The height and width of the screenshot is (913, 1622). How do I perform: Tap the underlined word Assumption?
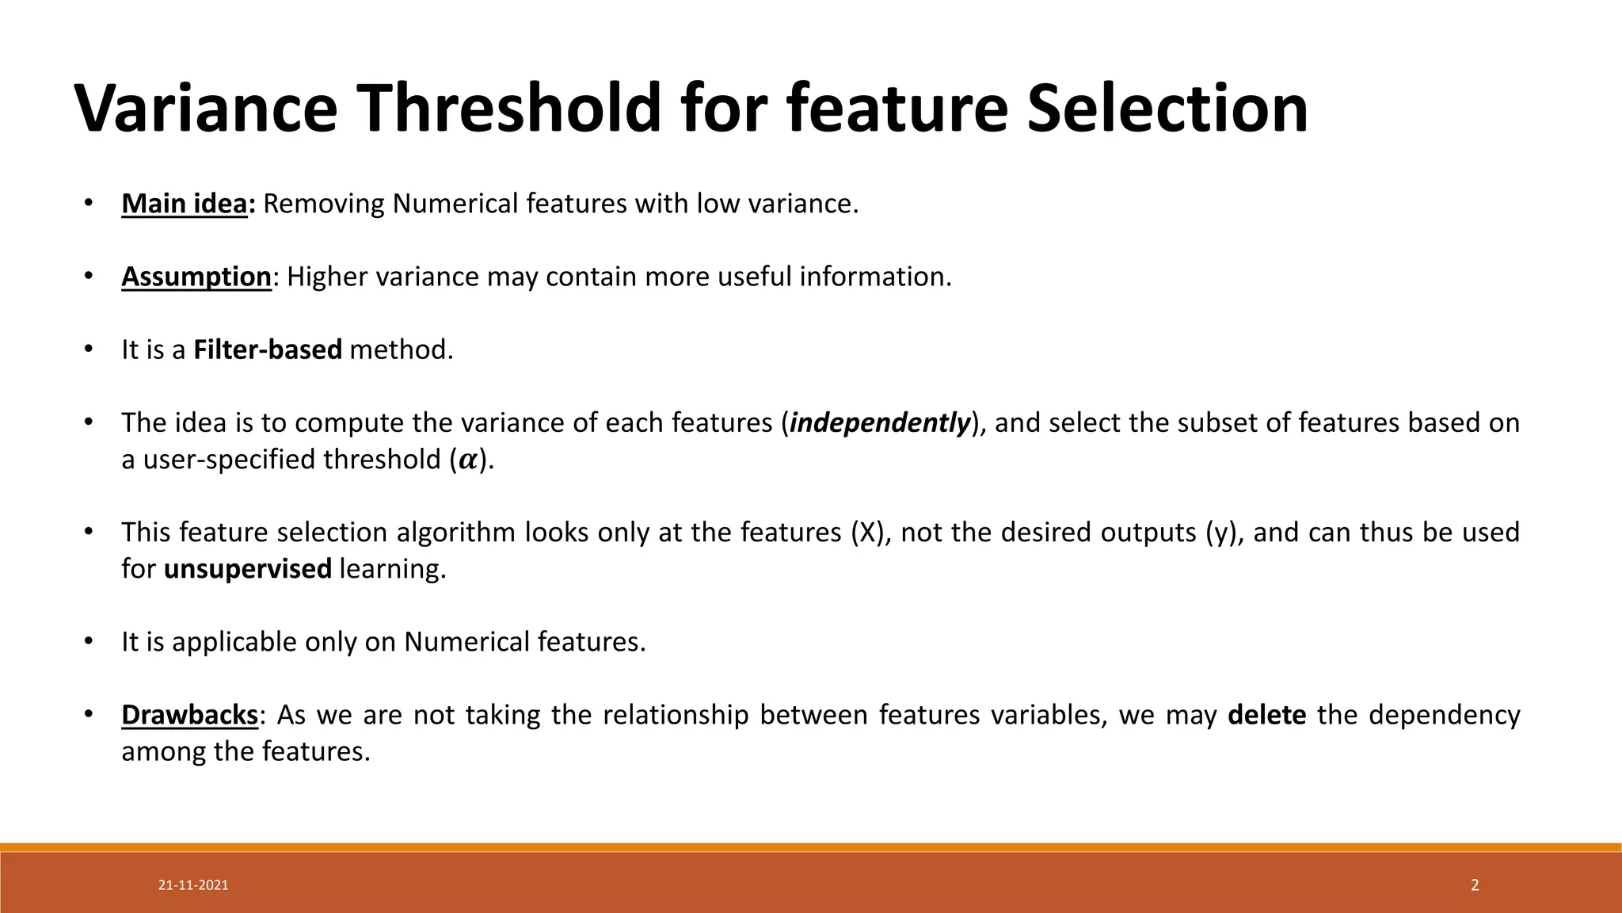[x=196, y=277]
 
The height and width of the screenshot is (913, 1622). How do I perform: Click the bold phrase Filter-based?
[x=267, y=350]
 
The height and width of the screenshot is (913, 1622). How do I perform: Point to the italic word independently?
[x=880, y=422]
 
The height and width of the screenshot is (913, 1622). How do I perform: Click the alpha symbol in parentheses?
[x=468, y=460]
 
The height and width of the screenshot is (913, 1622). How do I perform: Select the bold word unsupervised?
[x=247, y=568]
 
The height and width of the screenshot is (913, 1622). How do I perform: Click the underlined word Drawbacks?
[x=189, y=715]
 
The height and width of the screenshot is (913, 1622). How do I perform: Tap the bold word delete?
[x=1266, y=715]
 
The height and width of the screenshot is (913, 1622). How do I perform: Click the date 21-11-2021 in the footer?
[x=193, y=885]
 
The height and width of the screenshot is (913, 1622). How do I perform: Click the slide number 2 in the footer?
[x=1475, y=885]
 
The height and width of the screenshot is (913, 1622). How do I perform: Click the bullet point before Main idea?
[x=89, y=204]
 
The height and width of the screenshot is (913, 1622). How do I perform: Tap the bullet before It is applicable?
[x=89, y=640]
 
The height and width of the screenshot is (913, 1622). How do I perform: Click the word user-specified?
[x=230, y=460]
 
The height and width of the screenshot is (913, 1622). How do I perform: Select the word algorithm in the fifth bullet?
[x=456, y=532]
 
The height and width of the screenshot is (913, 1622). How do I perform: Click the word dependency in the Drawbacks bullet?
[x=1444, y=715]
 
